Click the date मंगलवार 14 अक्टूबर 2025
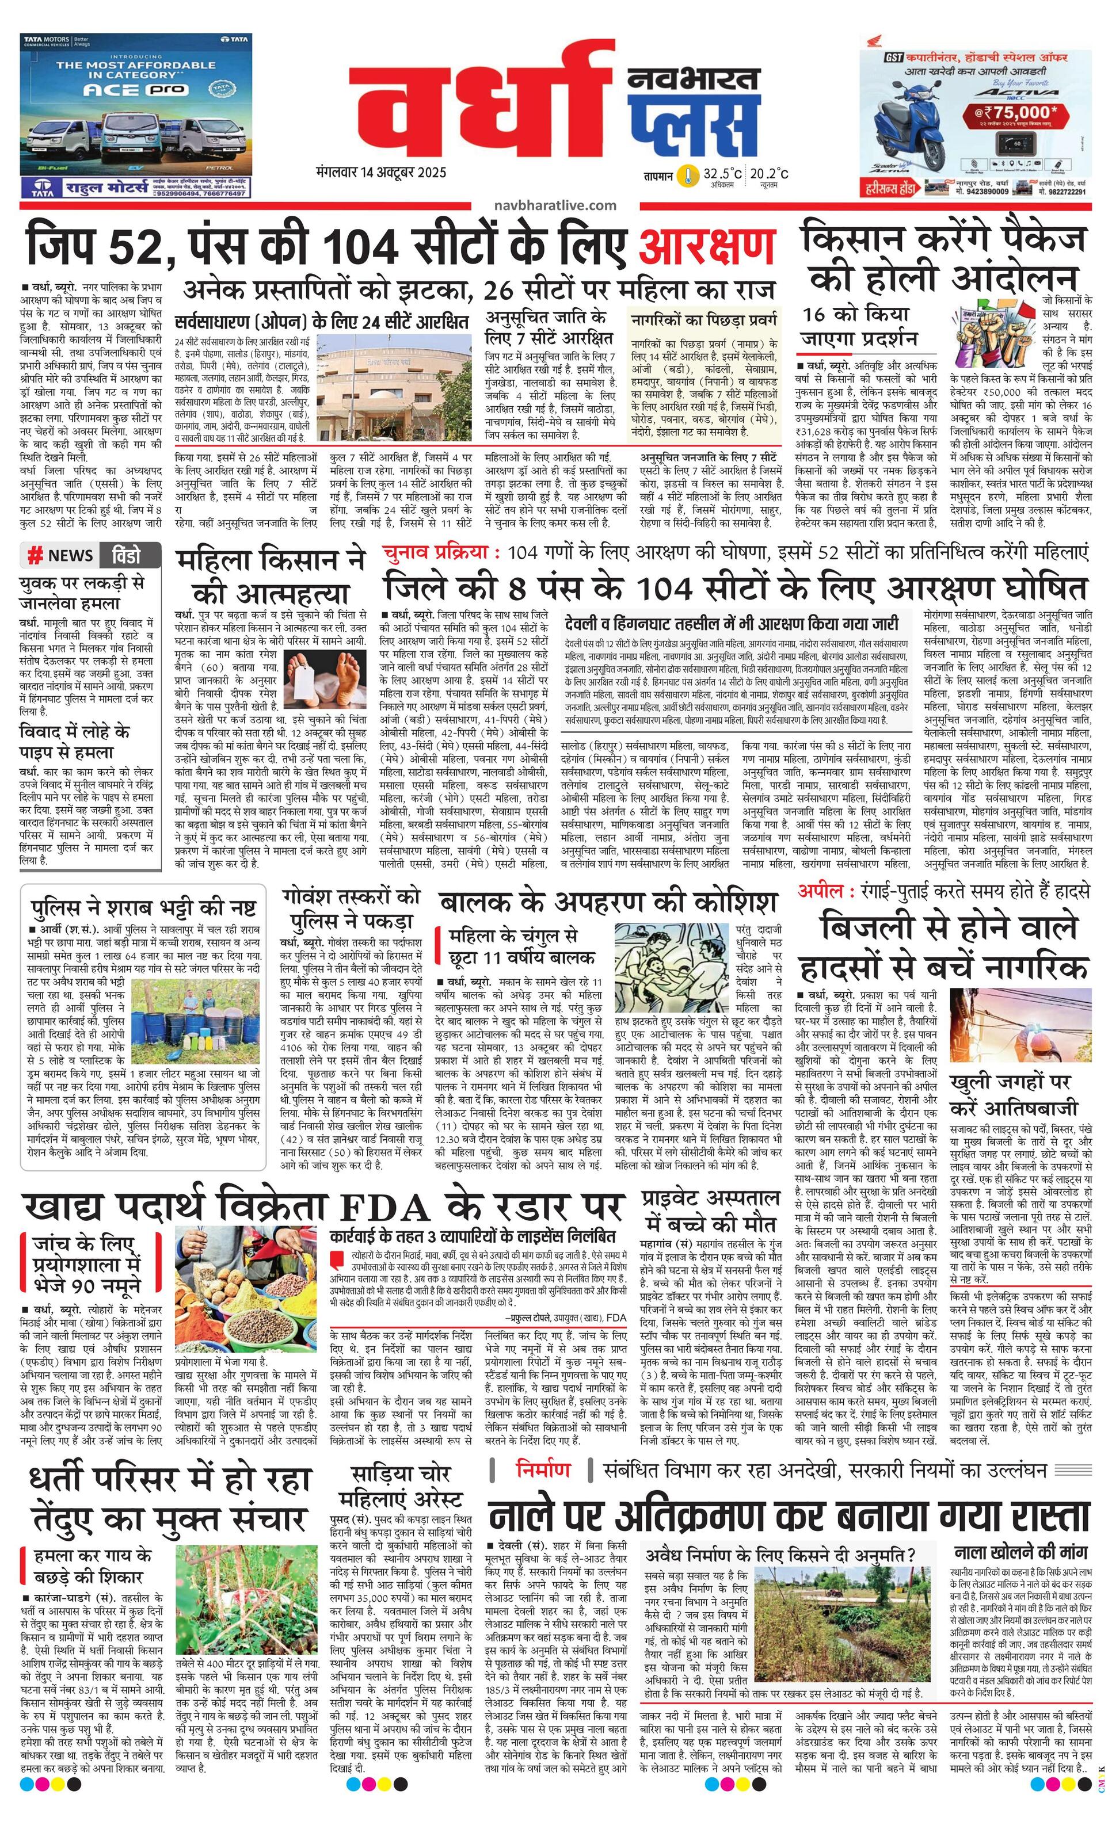380,173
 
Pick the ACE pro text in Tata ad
127,90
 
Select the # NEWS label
61,555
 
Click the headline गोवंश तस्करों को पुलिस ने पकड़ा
351,908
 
